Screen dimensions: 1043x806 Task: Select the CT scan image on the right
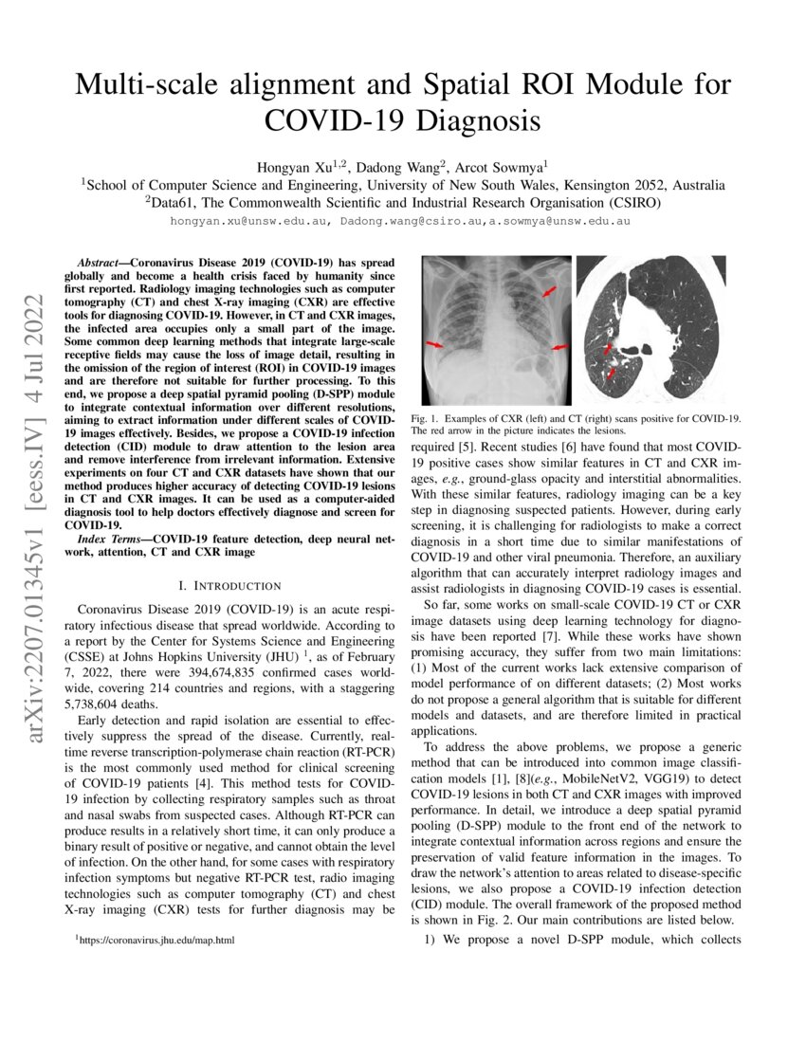point(652,329)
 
